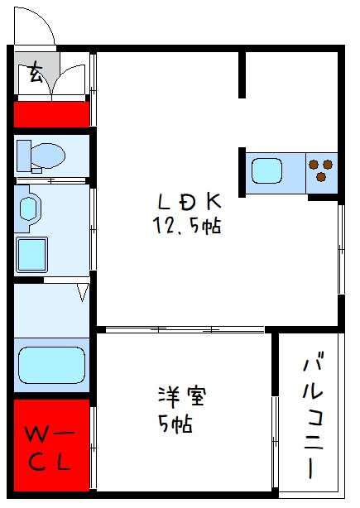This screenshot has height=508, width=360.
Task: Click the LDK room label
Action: [x=190, y=202]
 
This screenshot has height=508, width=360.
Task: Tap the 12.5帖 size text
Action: [x=186, y=224]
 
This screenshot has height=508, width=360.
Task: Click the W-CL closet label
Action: [x=50, y=447]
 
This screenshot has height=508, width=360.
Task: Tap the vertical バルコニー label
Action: [x=314, y=415]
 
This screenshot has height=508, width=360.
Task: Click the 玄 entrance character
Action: [x=36, y=74]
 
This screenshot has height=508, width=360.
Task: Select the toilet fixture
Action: [x=41, y=155]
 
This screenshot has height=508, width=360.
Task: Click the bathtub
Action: [x=51, y=362]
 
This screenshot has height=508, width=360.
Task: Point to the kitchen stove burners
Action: [x=322, y=169]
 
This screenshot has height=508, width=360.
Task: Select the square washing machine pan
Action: [x=32, y=252]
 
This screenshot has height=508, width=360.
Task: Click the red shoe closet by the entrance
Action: [x=51, y=113]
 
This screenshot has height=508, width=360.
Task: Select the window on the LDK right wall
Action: [x=340, y=248]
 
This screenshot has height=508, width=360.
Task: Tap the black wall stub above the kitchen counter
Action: [x=244, y=74]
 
